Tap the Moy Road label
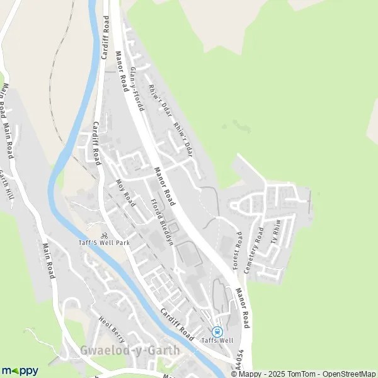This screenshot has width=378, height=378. pyautogui.click(x=127, y=192)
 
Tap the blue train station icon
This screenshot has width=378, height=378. pyautogui.click(x=218, y=331)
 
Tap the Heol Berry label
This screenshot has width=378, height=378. pyautogui.click(x=111, y=328)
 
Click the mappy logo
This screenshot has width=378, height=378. pyautogui.click(x=20, y=370)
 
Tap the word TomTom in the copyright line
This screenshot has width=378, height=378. pyautogui.click(x=300, y=374)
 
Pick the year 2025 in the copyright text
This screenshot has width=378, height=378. pyautogui.click(x=275, y=374)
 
